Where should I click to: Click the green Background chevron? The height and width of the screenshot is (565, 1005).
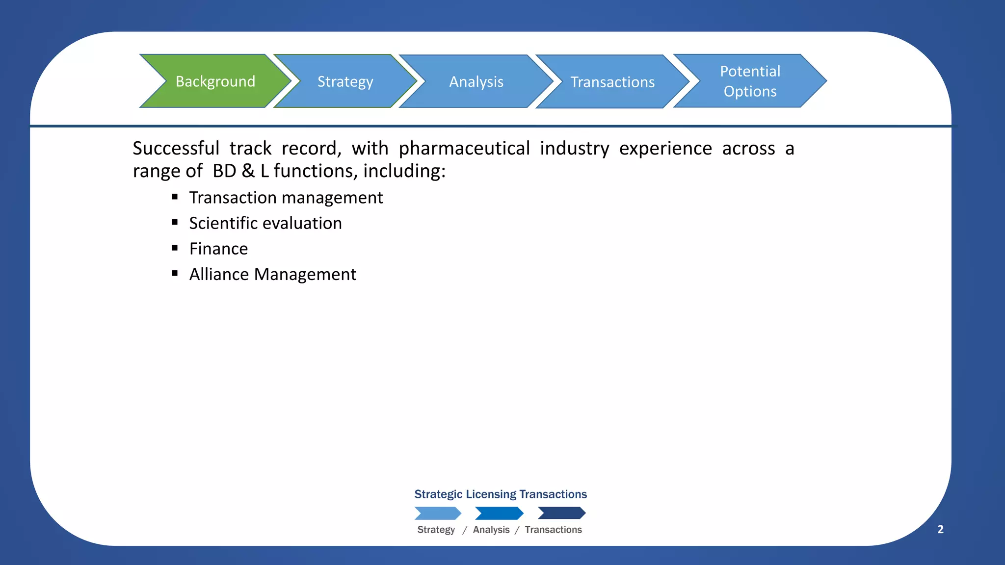click(x=215, y=81)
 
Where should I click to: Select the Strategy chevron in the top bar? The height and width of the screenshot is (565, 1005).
click(x=345, y=81)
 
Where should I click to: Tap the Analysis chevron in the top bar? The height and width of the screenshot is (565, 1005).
click(x=476, y=81)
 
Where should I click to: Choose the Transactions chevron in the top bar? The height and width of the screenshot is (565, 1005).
click(x=612, y=82)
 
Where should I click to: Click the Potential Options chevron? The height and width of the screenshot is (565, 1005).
click(x=750, y=81)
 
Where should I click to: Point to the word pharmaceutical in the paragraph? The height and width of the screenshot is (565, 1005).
click(x=464, y=148)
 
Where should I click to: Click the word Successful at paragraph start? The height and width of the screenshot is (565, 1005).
click(x=176, y=148)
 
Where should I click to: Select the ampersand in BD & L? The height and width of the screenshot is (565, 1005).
click(x=248, y=171)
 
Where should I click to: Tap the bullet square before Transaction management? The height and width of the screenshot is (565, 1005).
click(x=175, y=197)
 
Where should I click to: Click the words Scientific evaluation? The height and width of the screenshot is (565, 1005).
click(x=265, y=223)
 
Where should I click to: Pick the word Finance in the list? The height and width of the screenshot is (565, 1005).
click(x=218, y=249)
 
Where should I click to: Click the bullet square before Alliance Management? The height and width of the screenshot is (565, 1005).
click(x=175, y=273)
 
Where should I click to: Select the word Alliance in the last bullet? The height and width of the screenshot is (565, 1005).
click(x=219, y=274)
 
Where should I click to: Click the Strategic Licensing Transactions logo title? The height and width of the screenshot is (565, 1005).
click(x=501, y=494)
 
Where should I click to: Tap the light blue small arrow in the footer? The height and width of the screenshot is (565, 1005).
click(x=438, y=513)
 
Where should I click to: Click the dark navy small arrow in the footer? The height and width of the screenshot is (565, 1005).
click(x=561, y=513)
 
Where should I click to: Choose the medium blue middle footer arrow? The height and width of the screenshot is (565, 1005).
click(x=499, y=513)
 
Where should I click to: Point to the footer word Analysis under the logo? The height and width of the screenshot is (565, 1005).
click(x=491, y=530)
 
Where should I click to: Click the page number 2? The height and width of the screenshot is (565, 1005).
click(x=940, y=529)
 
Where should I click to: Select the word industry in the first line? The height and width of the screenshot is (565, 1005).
click(x=574, y=148)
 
